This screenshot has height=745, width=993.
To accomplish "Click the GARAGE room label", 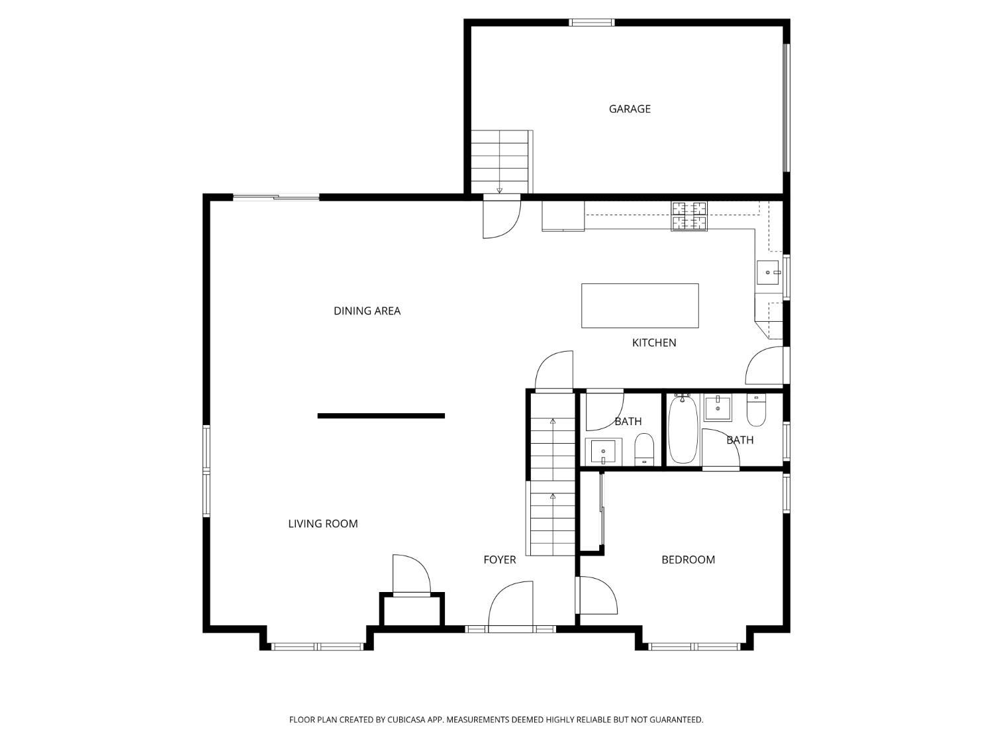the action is [x=630, y=109].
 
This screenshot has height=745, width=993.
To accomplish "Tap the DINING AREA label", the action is [x=367, y=311].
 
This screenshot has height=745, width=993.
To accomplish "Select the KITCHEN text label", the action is [x=653, y=343].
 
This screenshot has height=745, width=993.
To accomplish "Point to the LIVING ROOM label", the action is [x=323, y=524].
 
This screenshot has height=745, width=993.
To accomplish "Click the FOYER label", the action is [x=499, y=560].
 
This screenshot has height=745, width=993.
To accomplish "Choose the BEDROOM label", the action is [x=688, y=560].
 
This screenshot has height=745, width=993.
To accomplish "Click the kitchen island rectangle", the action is [x=639, y=306].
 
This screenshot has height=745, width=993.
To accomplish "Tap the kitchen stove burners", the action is [x=689, y=217].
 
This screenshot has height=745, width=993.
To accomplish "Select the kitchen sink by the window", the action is [x=768, y=272].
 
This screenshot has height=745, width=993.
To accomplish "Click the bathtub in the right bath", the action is [x=683, y=429].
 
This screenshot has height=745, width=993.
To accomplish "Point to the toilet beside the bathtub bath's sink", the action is [x=756, y=410].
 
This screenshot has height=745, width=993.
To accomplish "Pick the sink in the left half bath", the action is [x=603, y=451].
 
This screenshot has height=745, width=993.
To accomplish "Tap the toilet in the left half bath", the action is [x=643, y=449].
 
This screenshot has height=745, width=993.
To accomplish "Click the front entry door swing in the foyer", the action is [x=510, y=605].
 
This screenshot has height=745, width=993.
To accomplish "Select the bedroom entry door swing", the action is [x=598, y=595].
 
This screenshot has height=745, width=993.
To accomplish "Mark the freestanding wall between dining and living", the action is [x=381, y=416].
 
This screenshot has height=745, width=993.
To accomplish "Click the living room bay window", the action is [x=317, y=647].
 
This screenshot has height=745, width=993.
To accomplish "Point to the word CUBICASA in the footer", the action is [x=406, y=719].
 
